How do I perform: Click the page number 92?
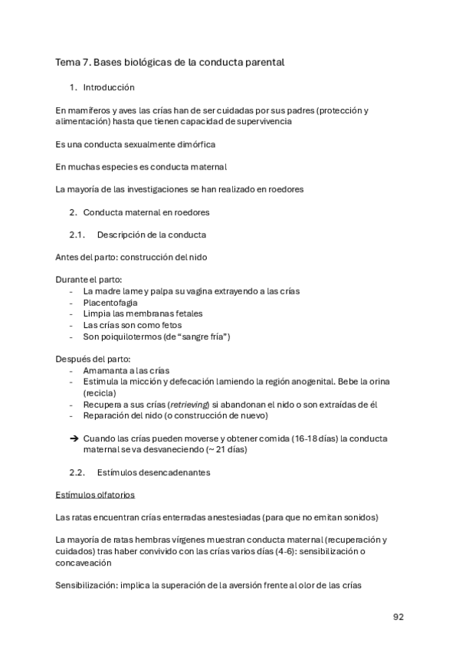pyautogui.click(x=398, y=616)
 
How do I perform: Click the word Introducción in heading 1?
pyautogui.click(x=109, y=87)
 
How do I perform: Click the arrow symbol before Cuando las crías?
pyautogui.click(x=74, y=438)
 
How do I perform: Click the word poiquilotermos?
pyautogui.click(x=130, y=336)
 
